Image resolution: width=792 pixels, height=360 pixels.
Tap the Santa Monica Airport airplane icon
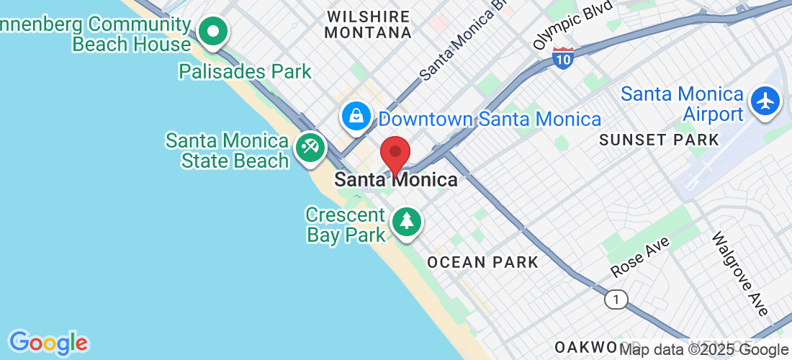click(765, 101)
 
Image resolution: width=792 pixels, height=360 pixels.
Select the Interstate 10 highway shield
click(563, 58)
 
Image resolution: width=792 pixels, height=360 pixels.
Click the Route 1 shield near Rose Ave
click(616, 299)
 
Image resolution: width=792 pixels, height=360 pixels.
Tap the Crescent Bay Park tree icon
click(407, 220)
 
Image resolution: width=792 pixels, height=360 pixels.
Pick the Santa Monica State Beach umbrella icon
click(310, 148)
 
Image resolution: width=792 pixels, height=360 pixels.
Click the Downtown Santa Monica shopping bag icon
click(356, 115)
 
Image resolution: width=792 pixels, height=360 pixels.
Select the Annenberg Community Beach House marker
click(213, 32)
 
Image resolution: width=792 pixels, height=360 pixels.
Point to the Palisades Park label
click(245, 71)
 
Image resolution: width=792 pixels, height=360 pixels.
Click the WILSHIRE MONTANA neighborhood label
click(368, 24)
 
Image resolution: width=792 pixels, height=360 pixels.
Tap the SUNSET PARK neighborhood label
click(659, 140)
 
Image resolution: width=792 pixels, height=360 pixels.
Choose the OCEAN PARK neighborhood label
click(482, 262)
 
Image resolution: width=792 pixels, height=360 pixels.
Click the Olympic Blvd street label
click(573, 24)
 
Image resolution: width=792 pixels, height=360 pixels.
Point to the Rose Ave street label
click(640, 257)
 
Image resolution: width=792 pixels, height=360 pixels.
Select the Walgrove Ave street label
click(739, 273)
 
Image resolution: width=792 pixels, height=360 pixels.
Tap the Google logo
click(48, 343)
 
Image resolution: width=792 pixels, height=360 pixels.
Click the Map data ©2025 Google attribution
click(703, 350)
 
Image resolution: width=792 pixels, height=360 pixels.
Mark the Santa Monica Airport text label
click(682, 104)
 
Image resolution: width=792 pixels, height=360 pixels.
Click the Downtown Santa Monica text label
click(490, 119)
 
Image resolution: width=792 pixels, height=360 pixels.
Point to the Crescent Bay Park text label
click(346, 225)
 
